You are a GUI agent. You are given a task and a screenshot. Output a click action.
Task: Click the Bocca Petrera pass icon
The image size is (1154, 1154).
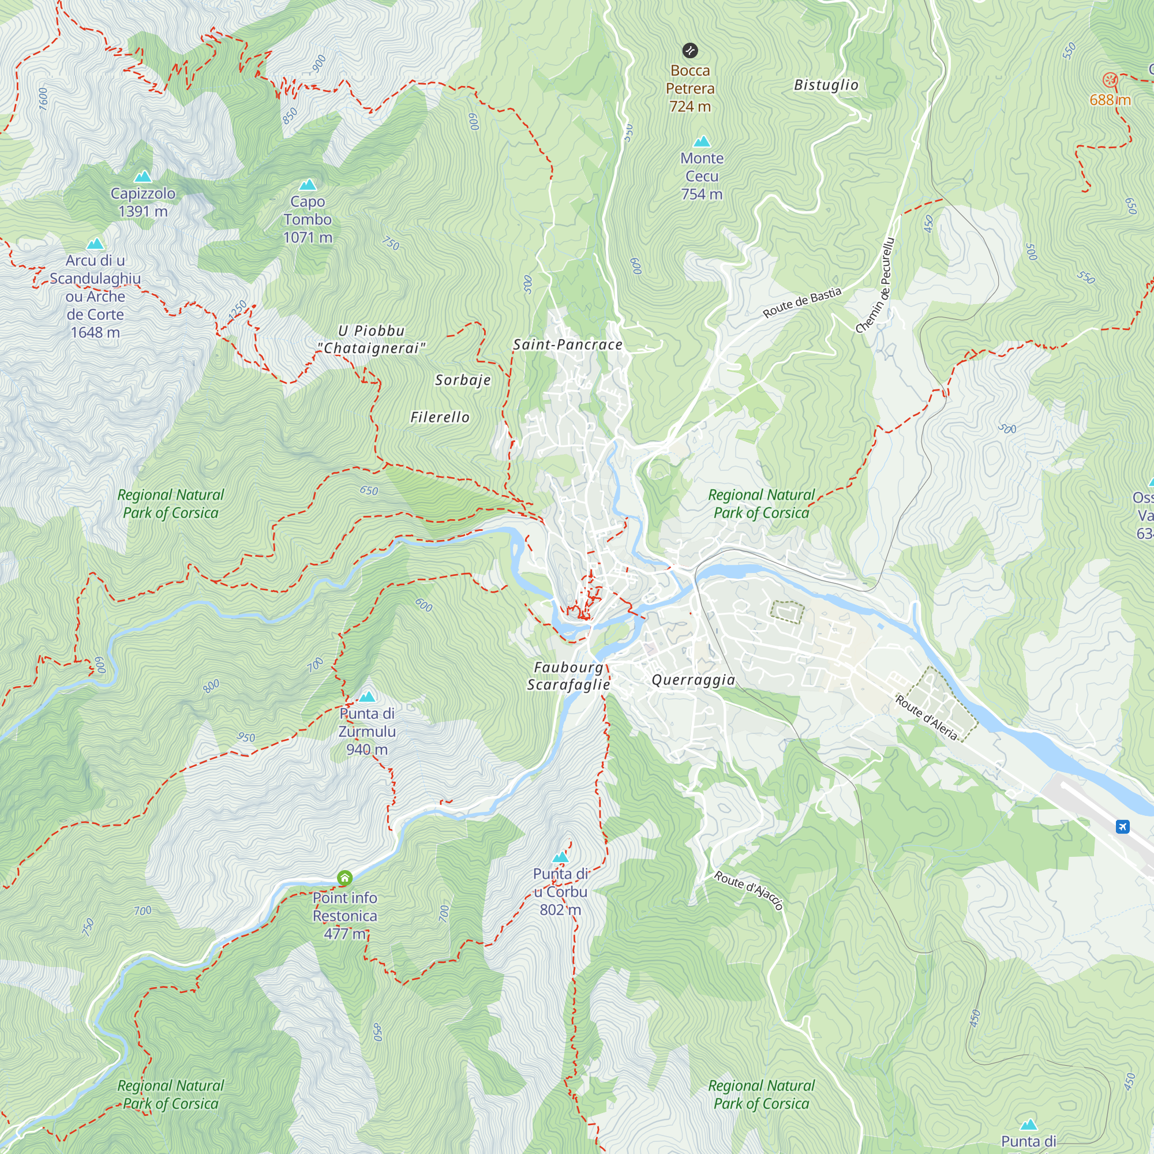click(690, 50)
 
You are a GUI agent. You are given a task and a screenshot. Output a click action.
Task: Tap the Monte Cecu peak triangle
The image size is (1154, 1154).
click(702, 141)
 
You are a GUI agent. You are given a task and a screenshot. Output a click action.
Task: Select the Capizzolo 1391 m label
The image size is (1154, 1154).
click(143, 203)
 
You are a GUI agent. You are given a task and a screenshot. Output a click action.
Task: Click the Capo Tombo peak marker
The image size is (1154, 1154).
click(308, 185)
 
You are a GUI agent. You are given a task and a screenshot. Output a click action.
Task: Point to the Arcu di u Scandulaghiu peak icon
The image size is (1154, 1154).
click(96, 243)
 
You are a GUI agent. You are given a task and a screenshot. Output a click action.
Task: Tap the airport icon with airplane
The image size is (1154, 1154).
click(1122, 827)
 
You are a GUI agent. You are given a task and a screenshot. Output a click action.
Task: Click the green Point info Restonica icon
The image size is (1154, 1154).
click(344, 878)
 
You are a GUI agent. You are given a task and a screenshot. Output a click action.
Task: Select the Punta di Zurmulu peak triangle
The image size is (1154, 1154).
click(367, 696)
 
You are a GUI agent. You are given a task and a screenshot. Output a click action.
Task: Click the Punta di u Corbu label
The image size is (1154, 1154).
click(560, 891)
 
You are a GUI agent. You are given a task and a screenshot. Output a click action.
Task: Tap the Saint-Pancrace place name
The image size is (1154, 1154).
click(567, 344)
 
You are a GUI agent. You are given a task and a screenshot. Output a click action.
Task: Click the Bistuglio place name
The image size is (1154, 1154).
click(826, 85)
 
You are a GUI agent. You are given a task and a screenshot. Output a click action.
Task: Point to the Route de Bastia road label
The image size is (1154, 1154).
click(801, 303)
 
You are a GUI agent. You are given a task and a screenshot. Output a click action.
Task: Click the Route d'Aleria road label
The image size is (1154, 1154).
click(927, 717)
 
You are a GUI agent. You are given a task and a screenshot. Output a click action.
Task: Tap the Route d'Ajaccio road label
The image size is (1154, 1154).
click(748, 890)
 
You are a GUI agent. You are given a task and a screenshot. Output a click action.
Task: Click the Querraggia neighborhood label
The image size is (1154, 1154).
click(693, 680)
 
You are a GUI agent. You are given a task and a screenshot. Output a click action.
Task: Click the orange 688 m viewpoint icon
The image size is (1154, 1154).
click(1110, 80)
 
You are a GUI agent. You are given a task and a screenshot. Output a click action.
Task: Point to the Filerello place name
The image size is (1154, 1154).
click(440, 417)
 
